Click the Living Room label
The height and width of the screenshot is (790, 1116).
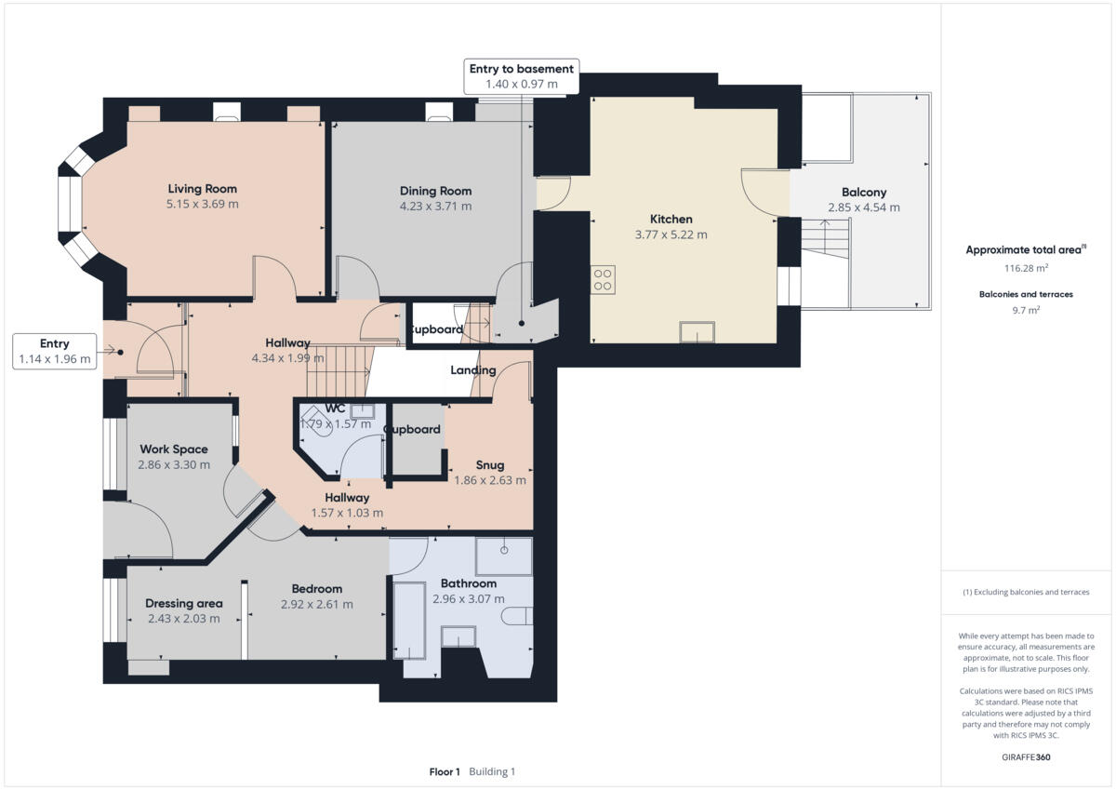point(203,189)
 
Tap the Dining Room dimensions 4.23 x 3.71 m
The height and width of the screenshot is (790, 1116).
point(435,207)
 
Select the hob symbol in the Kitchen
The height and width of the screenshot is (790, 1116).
point(603,279)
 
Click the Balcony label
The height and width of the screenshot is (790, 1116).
point(863,193)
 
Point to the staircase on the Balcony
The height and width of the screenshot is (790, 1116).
point(826,241)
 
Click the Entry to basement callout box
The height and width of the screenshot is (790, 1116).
point(521,76)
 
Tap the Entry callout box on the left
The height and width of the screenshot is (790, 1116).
point(55,351)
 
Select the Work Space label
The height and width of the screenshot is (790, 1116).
point(173,449)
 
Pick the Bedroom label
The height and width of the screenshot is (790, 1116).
point(316,588)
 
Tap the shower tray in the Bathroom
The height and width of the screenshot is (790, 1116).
point(504,556)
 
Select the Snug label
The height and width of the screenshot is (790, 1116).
point(489,465)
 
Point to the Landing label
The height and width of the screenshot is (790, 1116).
point(472,370)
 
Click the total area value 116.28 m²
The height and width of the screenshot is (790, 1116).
point(1027,267)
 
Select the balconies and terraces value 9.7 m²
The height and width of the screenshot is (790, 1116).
point(1027,310)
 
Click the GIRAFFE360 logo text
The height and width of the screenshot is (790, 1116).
point(1027,757)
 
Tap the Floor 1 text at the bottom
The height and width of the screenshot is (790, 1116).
point(445,771)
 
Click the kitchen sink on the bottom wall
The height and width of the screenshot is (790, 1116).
point(697,331)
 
